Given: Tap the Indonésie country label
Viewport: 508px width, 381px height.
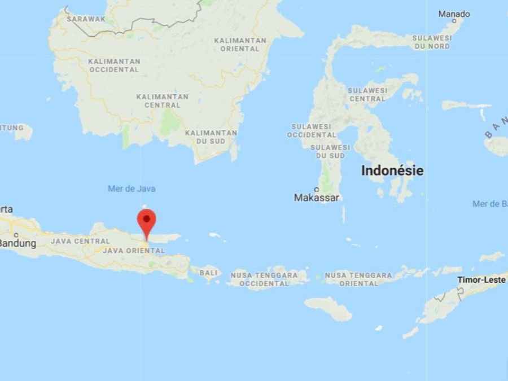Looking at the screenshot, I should pos(392,170).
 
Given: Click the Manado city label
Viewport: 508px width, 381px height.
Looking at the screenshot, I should pos(454,14).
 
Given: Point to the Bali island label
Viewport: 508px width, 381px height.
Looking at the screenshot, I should pos(208,273).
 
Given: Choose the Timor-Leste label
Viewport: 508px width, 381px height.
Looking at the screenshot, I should pos(481,279).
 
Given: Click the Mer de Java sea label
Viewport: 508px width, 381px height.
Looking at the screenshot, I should pos(132,189).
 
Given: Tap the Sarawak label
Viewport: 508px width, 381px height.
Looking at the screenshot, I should pos(86,19).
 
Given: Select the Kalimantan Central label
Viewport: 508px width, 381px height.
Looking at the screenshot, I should pos(162,100).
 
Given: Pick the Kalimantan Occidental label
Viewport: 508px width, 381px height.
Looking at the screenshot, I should pos(113,65).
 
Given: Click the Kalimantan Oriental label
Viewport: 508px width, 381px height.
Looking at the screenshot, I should pos(240,45).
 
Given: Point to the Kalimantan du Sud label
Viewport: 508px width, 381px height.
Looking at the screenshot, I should pos(211,137).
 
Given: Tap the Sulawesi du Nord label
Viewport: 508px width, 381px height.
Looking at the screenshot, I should pos(432,42).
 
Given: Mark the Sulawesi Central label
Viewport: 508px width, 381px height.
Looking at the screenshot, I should pos(367,94).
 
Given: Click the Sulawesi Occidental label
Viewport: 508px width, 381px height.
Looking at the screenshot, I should pos(312,130).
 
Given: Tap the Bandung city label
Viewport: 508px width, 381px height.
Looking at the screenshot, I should pos(18,243).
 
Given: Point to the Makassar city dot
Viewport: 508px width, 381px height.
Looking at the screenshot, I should pos(317,190).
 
